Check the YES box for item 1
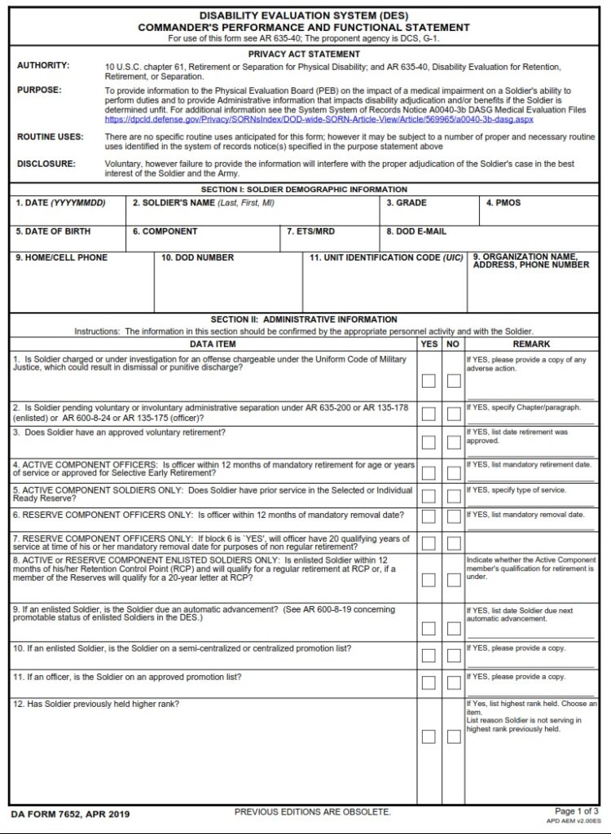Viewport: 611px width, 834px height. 429,380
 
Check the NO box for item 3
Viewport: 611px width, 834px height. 454,442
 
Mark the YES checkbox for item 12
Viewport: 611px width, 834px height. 429,737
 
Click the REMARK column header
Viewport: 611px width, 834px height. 531,345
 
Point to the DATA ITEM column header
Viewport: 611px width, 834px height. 213,345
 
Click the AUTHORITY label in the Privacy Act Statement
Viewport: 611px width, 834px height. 43,65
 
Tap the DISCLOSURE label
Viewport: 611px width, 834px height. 46,164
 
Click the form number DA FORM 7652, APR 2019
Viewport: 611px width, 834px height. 70,814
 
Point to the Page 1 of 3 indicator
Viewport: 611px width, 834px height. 576,811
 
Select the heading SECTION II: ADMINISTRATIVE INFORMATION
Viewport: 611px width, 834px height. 304,319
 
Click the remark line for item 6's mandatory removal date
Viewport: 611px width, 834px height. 530,529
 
